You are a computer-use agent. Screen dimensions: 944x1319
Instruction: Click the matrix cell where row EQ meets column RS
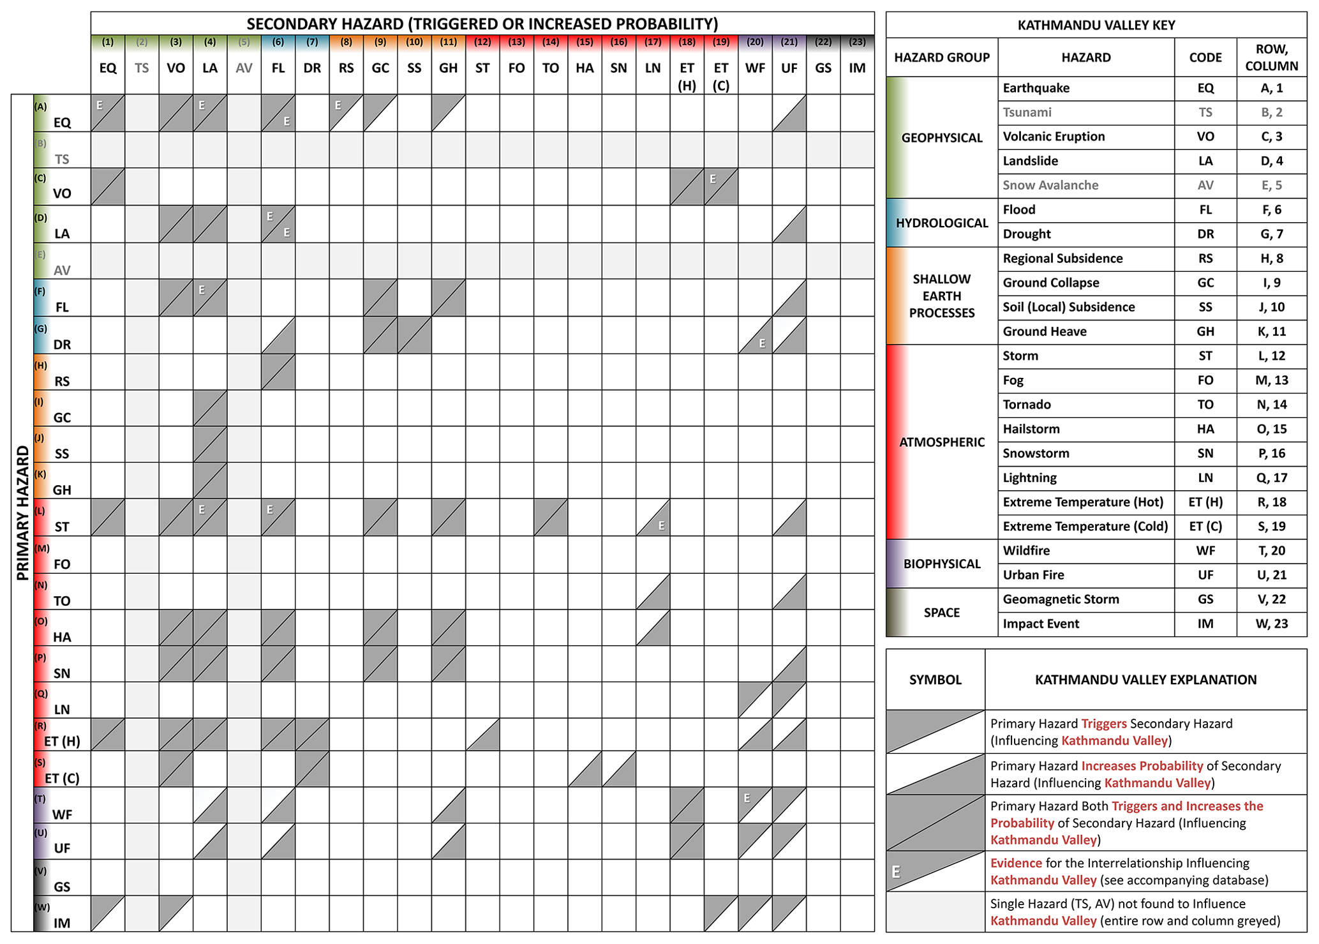(x=346, y=113)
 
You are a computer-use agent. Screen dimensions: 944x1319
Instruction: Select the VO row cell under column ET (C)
(x=721, y=186)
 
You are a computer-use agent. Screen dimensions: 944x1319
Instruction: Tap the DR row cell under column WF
(x=755, y=335)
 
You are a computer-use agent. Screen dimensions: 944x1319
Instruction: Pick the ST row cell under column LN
(x=653, y=517)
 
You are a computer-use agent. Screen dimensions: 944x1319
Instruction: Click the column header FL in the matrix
(x=278, y=68)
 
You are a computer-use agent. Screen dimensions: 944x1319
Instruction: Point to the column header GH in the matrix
(x=448, y=68)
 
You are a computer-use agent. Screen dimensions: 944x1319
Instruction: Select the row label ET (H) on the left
(x=62, y=741)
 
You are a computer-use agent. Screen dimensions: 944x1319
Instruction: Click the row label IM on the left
(x=62, y=922)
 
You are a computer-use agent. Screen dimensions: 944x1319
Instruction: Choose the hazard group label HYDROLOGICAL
(x=941, y=223)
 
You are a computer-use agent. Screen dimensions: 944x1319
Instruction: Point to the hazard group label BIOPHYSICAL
(x=941, y=564)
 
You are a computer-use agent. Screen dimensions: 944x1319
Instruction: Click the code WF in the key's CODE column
(x=1205, y=551)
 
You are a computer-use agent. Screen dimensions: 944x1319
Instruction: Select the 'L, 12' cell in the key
(x=1271, y=356)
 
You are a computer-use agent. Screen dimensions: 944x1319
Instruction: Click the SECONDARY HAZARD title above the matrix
(x=482, y=24)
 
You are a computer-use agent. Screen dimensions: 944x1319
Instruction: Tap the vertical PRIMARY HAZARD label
(x=23, y=513)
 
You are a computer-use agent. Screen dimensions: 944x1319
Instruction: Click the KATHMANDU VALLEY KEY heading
(x=1096, y=26)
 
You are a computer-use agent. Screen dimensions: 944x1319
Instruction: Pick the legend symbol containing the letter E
(x=935, y=871)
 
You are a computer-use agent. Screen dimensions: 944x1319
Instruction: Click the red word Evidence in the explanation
(x=1015, y=863)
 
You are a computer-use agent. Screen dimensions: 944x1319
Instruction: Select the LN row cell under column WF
(x=755, y=700)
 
